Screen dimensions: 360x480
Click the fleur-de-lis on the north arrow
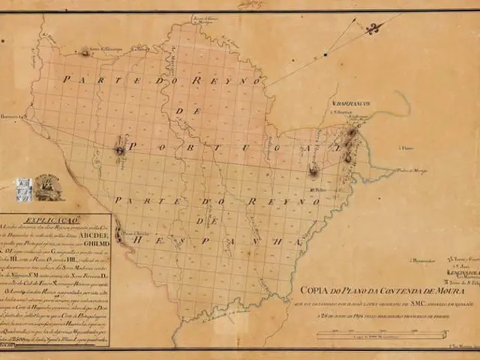click(373, 28)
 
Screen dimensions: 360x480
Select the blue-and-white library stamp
click(23, 188)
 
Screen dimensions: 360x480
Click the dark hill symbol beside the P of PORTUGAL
click(119, 150)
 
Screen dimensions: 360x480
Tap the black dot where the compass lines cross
click(325, 54)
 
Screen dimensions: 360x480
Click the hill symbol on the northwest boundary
click(85, 52)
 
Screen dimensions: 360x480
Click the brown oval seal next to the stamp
click(46, 188)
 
